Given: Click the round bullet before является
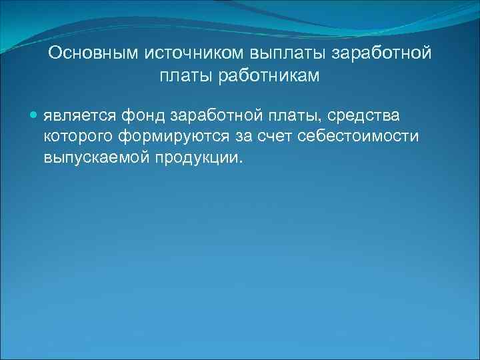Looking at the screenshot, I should click(x=35, y=115).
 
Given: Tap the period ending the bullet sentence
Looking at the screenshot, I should click(x=243, y=162).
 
